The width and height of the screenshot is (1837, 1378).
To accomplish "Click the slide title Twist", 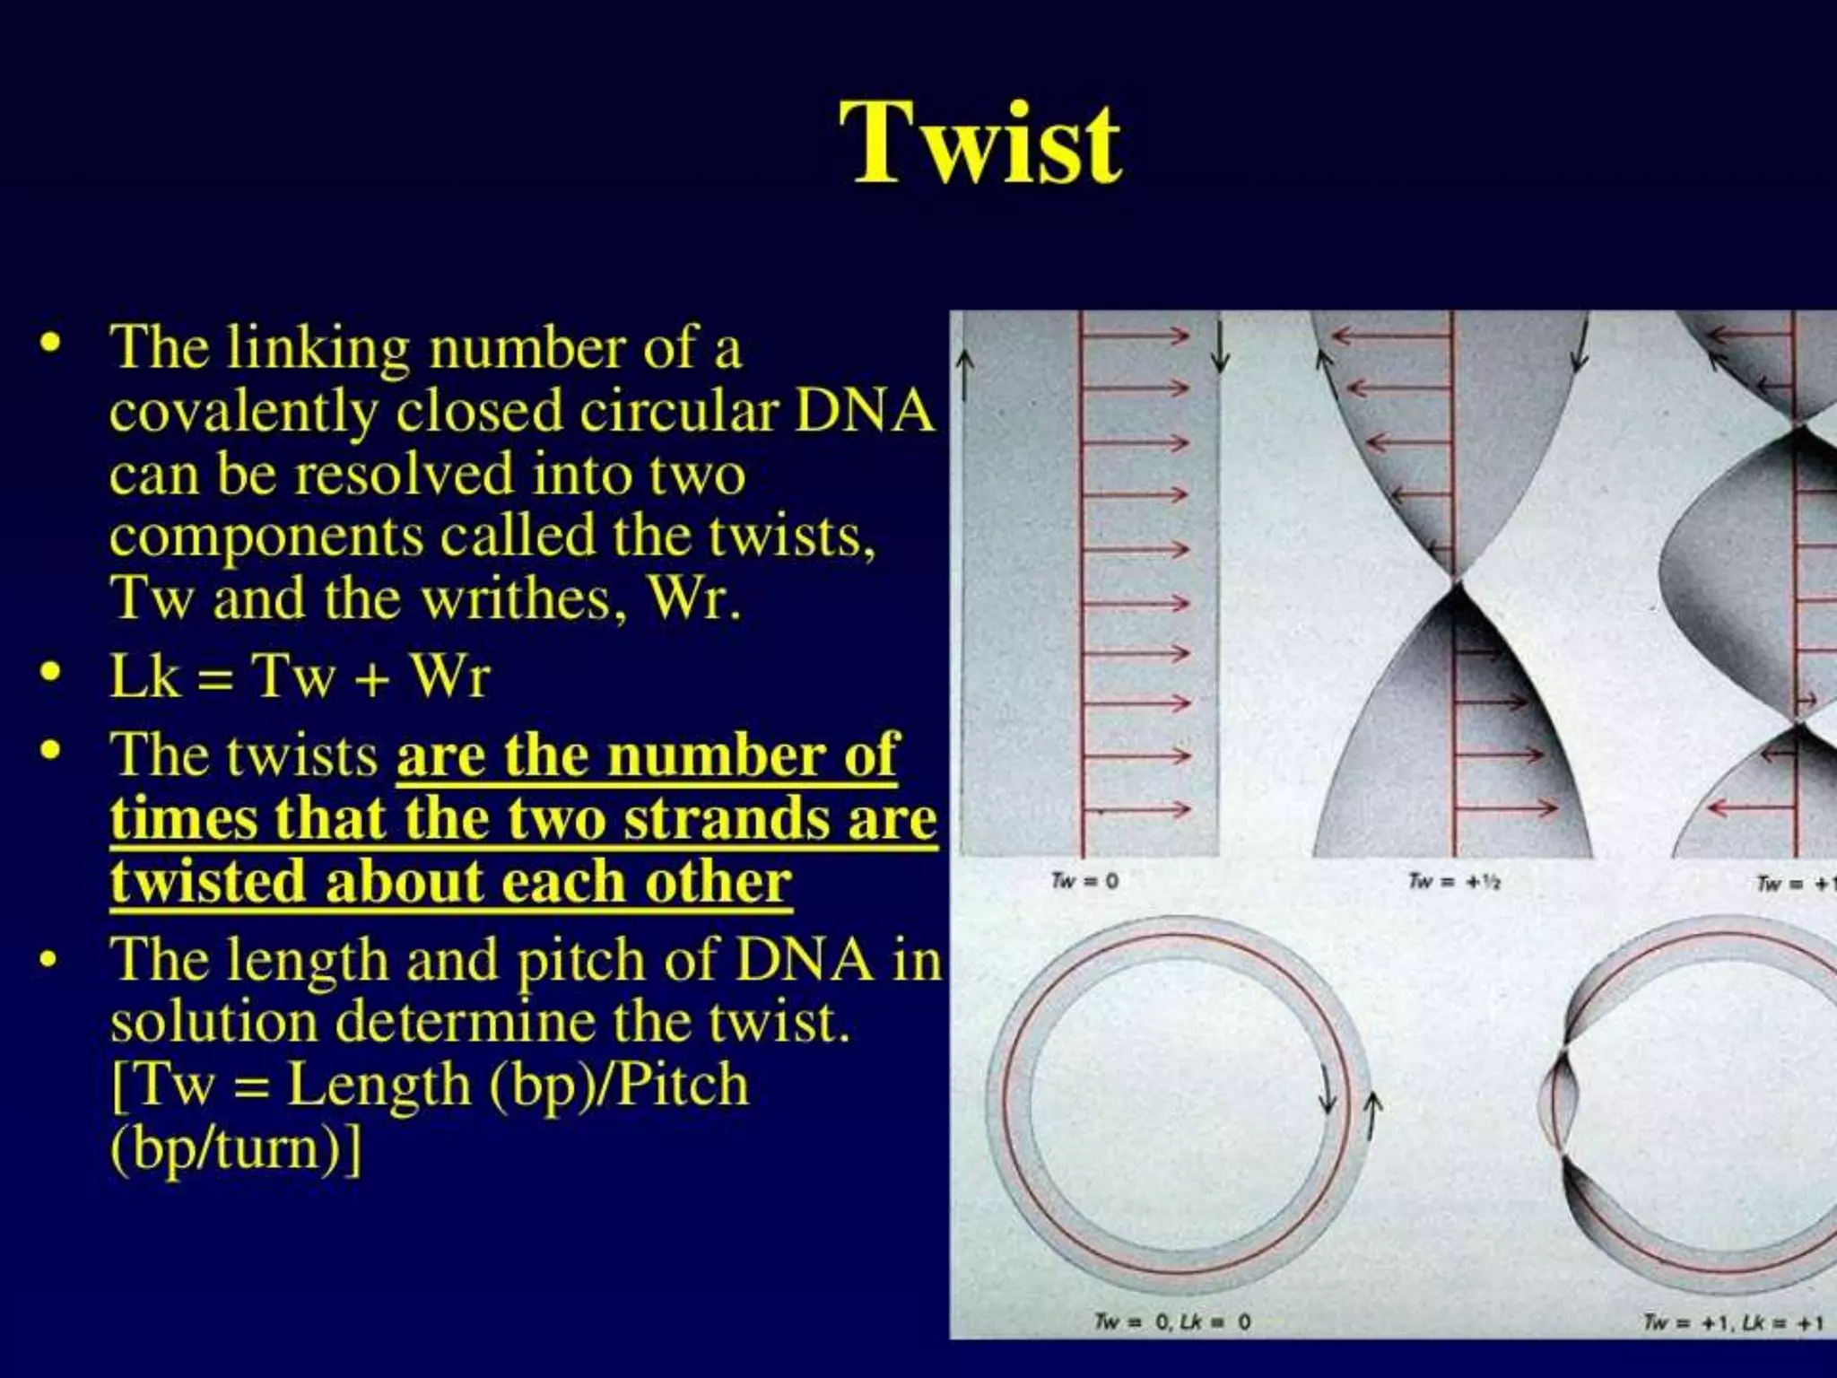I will [979, 144].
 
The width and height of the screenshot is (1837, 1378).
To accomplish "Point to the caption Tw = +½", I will [1454, 881].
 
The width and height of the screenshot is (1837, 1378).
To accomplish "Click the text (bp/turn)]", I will [236, 1147].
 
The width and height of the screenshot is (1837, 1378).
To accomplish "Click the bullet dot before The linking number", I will [51, 344].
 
